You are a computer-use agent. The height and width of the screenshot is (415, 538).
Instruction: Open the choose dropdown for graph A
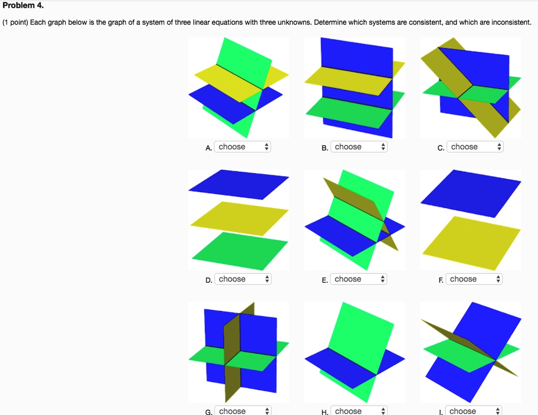[242, 147]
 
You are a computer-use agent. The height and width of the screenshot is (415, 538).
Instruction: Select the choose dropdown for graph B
[358, 147]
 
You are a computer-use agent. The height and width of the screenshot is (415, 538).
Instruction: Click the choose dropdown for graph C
[474, 147]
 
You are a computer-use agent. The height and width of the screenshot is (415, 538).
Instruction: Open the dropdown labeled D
[242, 279]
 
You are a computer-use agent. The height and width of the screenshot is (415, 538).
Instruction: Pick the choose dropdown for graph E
[358, 279]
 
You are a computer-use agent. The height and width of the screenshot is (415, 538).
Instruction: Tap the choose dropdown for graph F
[474, 279]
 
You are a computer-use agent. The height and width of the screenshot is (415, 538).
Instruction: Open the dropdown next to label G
[242, 411]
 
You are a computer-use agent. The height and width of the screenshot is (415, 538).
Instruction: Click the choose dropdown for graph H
[358, 411]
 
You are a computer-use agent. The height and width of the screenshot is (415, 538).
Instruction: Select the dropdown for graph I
[474, 411]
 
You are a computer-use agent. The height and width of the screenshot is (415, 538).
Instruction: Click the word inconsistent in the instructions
[511, 23]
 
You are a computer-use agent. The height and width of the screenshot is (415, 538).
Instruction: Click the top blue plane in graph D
[239, 184]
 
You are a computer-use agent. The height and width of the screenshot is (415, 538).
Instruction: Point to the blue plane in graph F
[471, 192]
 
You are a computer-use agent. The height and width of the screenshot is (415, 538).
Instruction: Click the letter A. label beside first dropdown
[209, 148]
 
